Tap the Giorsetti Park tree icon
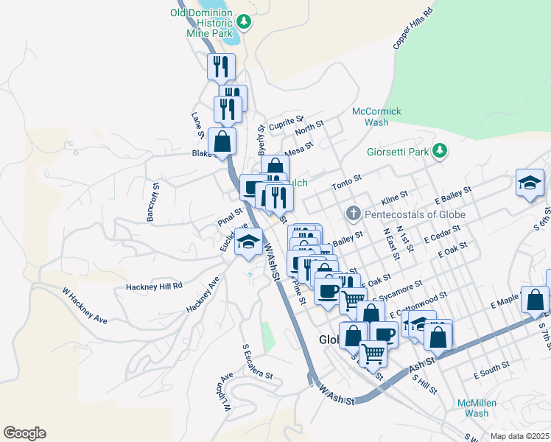click(440, 151)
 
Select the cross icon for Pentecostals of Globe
click(353, 214)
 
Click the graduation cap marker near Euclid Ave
click(249, 242)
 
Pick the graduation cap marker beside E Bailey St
click(530, 182)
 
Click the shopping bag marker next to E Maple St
click(535, 300)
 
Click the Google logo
click(24, 433)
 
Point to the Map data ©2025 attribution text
click(519, 436)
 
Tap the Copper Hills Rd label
click(413, 26)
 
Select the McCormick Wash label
click(376, 116)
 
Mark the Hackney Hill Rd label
click(154, 286)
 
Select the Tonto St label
click(347, 181)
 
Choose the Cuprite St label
click(285, 122)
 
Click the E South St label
click(491, 370)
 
